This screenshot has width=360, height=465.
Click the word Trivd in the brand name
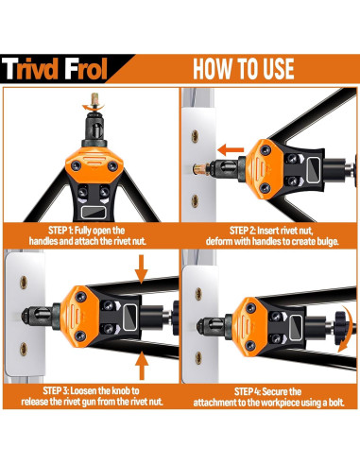[45, 71]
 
